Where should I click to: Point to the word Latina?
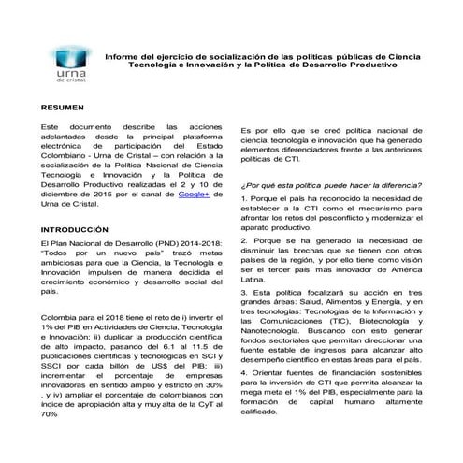pos(255,279)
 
